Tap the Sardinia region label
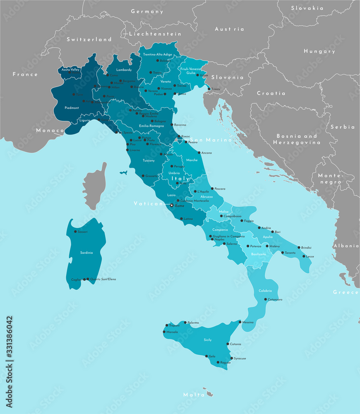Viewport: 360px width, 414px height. [86, 253]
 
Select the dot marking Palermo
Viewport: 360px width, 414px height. [185, 323]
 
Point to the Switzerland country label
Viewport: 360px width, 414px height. [89, 39]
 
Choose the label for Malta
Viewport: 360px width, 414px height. [194, 395]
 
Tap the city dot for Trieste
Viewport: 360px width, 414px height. [208, 89]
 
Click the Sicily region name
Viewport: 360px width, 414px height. [208, 340]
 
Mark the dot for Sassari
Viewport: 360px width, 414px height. [75, 231]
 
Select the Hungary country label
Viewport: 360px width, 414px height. [319, 51]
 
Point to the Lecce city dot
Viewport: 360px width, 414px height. [304, 256]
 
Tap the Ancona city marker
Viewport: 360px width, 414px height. [199, 153]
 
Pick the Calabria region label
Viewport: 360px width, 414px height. [265, 291]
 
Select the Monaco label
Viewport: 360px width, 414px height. [50, 130]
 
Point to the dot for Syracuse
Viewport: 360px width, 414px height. [231, 358]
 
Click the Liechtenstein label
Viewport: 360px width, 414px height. [155, 34]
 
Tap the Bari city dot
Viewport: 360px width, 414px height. [272, 232]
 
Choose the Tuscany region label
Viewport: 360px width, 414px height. [149, 160]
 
